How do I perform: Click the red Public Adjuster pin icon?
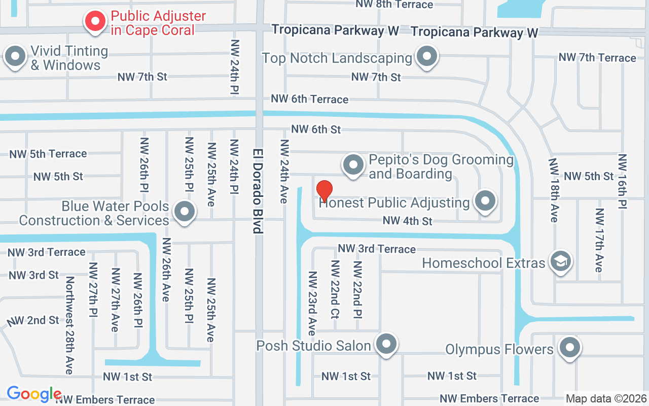click(95, 21)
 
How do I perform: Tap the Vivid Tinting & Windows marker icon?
click(15, 56)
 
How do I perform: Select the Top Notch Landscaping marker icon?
click(427, 56)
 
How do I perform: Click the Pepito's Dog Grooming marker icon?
click(353, 165)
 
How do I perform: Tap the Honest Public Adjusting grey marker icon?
click(485, 201)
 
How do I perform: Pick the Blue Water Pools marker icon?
click(184, 211)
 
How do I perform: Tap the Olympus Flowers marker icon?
click(570, 348)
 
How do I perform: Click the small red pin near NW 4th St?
click(324, 191)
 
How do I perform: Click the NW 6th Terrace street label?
click(309, 99)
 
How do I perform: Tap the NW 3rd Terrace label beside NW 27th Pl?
click(47, 252)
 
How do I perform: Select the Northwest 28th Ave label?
click(69, 325)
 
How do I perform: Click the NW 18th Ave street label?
click(554, 190)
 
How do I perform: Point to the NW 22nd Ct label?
click(335, 289)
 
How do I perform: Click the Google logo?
click(34, 394)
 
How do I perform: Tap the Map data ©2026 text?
click(606, 398)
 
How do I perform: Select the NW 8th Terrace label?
click(394, 5)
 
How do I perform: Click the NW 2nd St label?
click(33, 321)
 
